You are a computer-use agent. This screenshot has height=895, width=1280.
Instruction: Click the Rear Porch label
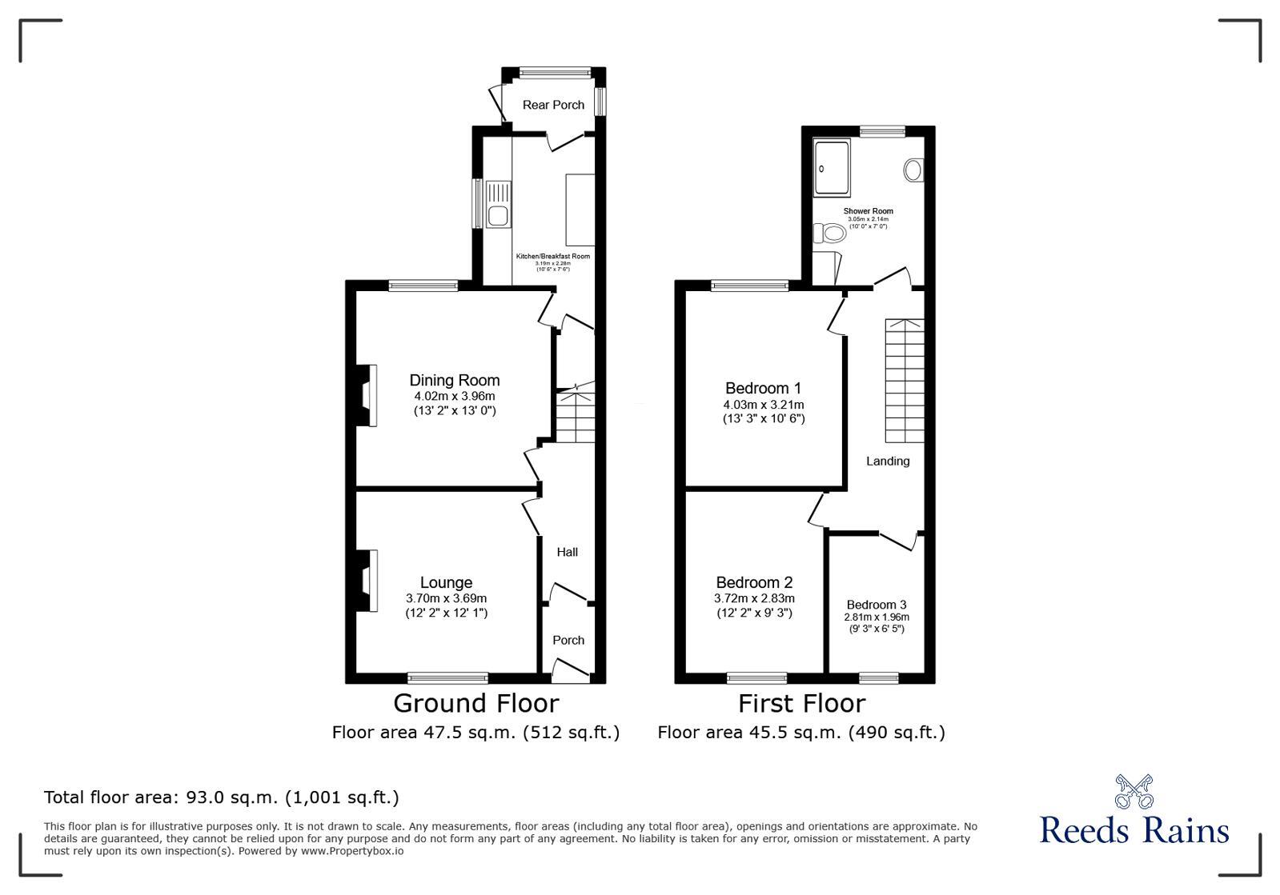553,105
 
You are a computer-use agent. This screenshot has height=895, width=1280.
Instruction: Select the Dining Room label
454,381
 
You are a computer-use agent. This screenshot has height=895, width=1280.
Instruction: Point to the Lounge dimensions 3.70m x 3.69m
446,598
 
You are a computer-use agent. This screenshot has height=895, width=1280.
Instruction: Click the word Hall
567,552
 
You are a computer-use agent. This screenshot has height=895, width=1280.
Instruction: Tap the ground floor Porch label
568,640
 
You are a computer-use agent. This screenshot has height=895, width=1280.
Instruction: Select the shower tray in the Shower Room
835,168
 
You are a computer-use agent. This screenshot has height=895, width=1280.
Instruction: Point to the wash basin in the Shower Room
913,170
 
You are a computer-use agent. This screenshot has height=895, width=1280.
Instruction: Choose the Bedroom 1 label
763,388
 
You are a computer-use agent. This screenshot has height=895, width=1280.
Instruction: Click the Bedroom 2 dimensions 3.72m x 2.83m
754,598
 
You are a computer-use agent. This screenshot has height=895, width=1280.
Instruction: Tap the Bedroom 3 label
877,605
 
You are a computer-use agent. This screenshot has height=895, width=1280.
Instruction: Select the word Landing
888,461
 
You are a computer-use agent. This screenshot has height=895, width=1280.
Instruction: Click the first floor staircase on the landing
904,381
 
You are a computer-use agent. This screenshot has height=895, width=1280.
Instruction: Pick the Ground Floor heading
475,703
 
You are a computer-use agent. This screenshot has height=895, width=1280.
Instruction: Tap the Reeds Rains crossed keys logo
1134,792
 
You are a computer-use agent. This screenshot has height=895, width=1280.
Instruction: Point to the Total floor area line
221,797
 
